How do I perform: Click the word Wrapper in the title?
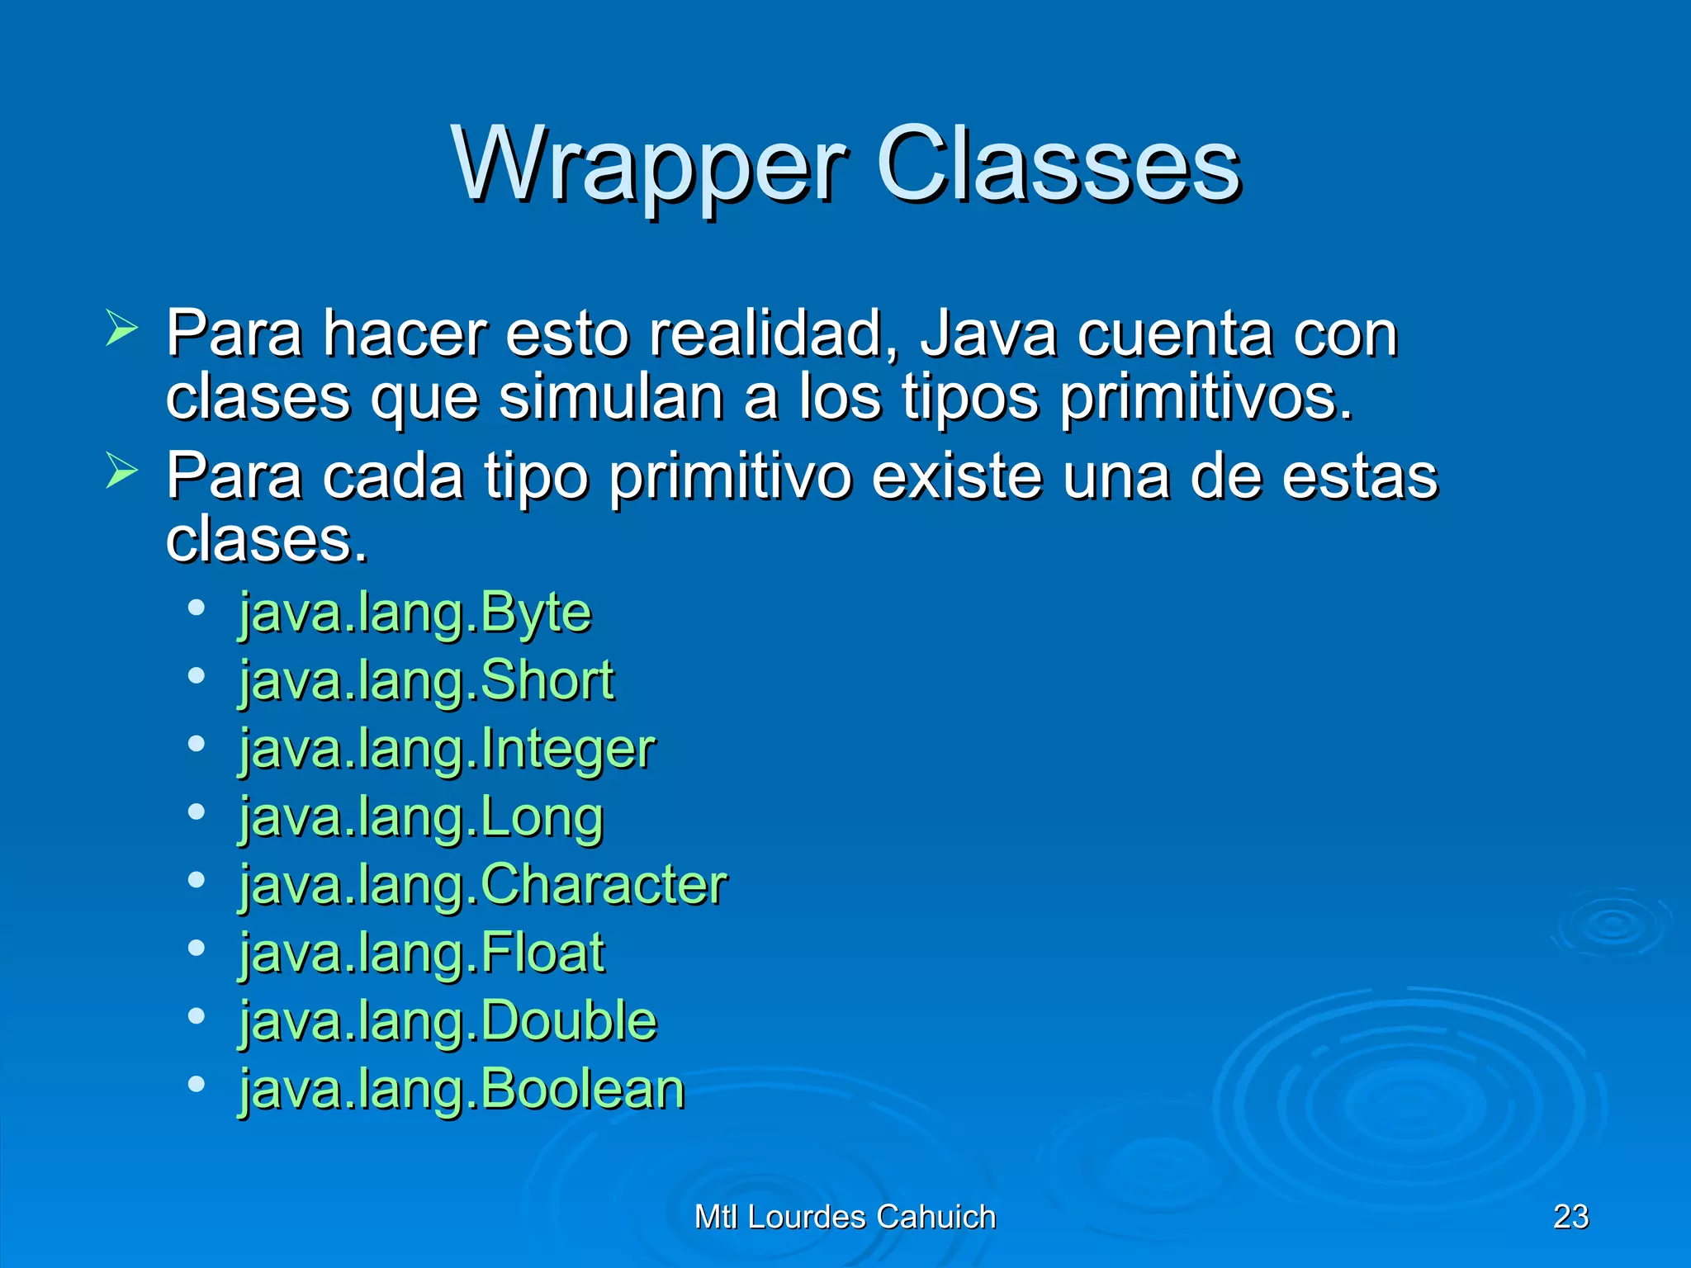click(x=649, y=165)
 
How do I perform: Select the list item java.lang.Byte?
click(x=415, y=613)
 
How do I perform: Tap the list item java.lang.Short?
click(x=427, y=681)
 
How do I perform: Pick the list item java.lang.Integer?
click(x=447, y=750)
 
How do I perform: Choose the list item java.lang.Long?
click(x=421, y=817)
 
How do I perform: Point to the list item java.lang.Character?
click(x=483, y=885)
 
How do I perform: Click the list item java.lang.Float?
click(x=422, y=953)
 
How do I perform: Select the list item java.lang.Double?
click(x=448, y=1021)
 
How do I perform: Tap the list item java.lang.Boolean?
click(x=462, y=1090)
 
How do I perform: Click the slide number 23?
click(x=1570, y=1217)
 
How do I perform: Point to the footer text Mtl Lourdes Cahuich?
click(x=845, y=1217)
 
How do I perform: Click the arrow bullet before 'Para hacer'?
click(x=121, y=329)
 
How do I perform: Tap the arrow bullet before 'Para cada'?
click(x=121, y=471)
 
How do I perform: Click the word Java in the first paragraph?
click(x=988, y=334)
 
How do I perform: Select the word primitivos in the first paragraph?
click(x=1205, y=398)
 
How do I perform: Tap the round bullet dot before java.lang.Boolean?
click(x=196, y=1084)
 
